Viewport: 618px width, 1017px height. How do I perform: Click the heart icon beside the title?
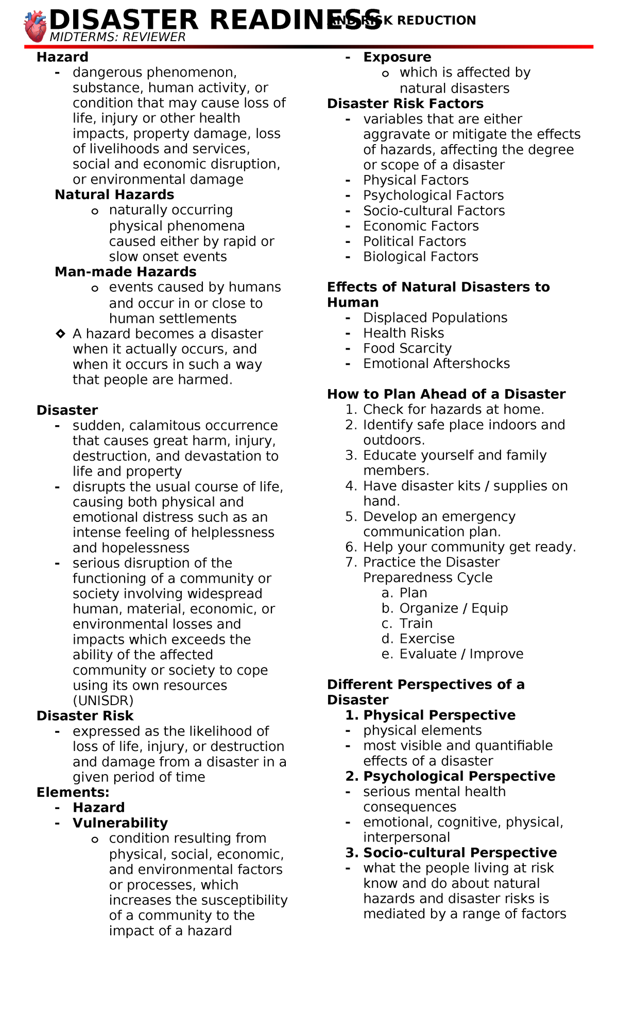36,27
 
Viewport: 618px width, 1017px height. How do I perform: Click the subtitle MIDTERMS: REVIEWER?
117,37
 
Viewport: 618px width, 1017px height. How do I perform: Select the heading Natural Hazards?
114,195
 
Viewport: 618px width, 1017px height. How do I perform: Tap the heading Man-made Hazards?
126,272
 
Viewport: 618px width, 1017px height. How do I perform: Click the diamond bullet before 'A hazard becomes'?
60,334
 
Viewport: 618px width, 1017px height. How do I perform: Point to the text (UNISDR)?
103,700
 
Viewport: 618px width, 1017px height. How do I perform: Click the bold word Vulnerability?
120,823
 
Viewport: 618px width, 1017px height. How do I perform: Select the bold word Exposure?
397,57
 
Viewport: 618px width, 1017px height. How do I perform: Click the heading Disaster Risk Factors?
405,103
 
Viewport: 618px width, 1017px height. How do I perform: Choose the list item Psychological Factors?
433,196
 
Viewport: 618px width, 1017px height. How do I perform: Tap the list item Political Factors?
415,241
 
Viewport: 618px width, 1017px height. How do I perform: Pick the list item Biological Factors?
421,257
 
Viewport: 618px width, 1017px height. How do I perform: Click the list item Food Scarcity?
407,348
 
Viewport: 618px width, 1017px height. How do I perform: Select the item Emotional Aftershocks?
436,364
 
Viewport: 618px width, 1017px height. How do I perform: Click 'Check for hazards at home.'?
453,410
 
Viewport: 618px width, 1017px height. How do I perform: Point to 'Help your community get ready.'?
469,547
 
